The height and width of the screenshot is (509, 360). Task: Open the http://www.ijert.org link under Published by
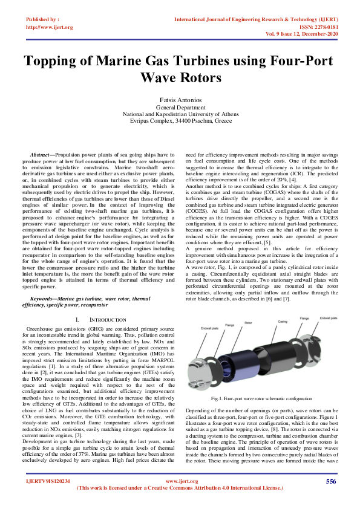pos(50,27)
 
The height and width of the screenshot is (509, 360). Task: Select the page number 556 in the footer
pos(330,481)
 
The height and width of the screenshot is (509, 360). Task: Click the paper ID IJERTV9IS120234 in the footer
pos(48,481)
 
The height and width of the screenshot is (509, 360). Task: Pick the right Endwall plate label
pos(328,317)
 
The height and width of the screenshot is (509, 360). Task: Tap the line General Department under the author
pos(180,107)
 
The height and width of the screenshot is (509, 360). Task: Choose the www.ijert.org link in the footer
pos(179,481)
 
